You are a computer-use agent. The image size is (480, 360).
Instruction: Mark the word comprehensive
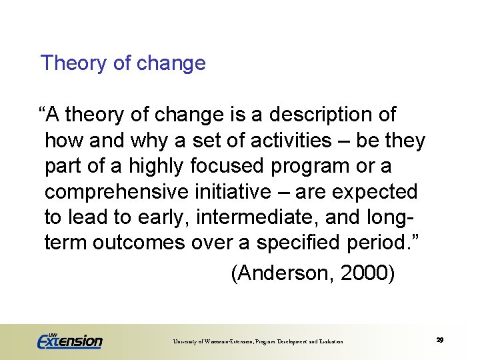(x=117, y=192)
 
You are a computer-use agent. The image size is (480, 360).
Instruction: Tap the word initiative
(x=235, y=192)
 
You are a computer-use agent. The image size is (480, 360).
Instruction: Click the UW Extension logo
(x=69, y=340)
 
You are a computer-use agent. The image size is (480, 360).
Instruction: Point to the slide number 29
(x=440, y=340)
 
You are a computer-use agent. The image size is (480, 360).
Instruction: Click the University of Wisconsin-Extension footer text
(x=258, y=341)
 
